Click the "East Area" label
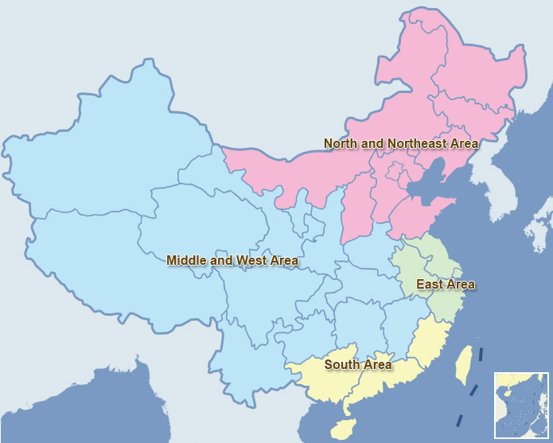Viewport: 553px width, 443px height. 445,285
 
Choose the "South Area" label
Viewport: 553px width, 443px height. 357,365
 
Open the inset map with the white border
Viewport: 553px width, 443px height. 521,405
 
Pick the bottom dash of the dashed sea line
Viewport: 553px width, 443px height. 459,420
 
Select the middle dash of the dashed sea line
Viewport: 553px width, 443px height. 472,389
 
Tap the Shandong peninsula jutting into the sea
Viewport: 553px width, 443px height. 446,211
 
